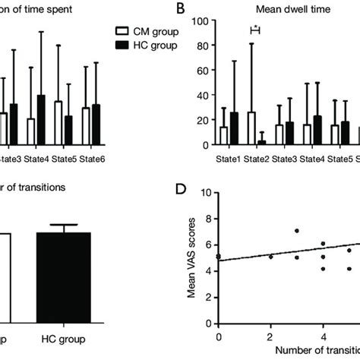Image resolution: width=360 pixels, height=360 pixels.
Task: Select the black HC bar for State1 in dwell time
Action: pos(234,128)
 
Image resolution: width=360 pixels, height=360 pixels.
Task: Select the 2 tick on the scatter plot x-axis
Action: pos(270,336)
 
